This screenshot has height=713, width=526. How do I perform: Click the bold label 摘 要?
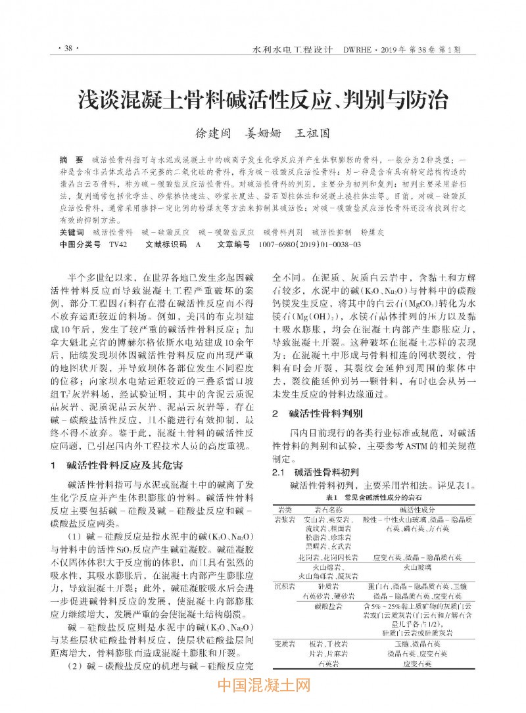pos(71,160)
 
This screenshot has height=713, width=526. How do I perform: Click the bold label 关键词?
pos(72,232)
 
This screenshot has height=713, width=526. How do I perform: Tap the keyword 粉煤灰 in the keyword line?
pos(372,232)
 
